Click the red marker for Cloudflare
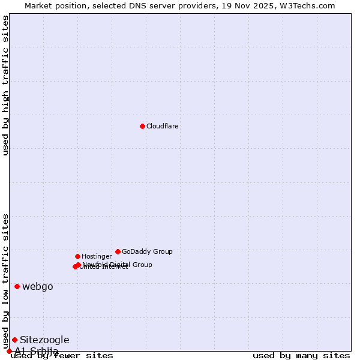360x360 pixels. pyautogui.click(x=142, y=126)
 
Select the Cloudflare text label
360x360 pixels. pyautogui.click(x=163, y=127)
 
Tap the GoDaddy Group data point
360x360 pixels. pyautogui.click(x=118, y=251)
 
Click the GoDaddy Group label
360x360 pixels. pyautogui.click(x=147, y=252)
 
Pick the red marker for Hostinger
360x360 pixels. pyautogui.click(x=77, y=256)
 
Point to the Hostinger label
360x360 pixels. pyautogui.click(x=97, y=257)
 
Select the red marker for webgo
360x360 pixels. pyautogui.click(x=17, y=286)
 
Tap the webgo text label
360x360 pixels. pyautogui.click(x=38, y=287)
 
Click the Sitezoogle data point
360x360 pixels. pyautogui.click(x=14, y=340)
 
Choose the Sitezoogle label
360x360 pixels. pyautogui.click(x=44, y=340)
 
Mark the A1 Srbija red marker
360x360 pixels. pyautogui.click(x=9, y=351)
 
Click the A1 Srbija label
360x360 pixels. pyautogui.click(x=37, y=351)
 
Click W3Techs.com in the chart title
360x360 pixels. pyautogui.click(x=307, y=6)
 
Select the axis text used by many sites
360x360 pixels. pyautogui.click(x=301, y=356)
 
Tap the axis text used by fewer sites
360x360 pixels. pyautogui.click(x=62, y=356)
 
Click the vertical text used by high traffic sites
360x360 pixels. pyautogui.click(x=5, y=85)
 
